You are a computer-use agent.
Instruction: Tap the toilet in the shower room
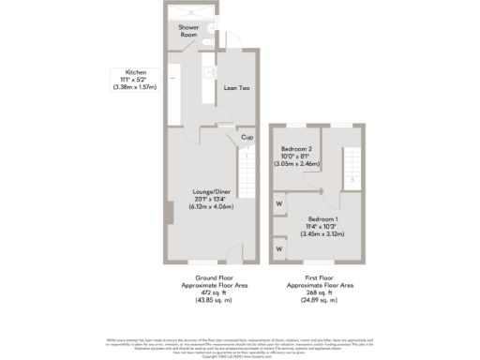[212, 29]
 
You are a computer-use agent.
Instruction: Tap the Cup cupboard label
[247, 137]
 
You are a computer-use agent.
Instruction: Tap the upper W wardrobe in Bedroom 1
[279, 202]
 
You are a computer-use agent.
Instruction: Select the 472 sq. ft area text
[207, 291]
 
